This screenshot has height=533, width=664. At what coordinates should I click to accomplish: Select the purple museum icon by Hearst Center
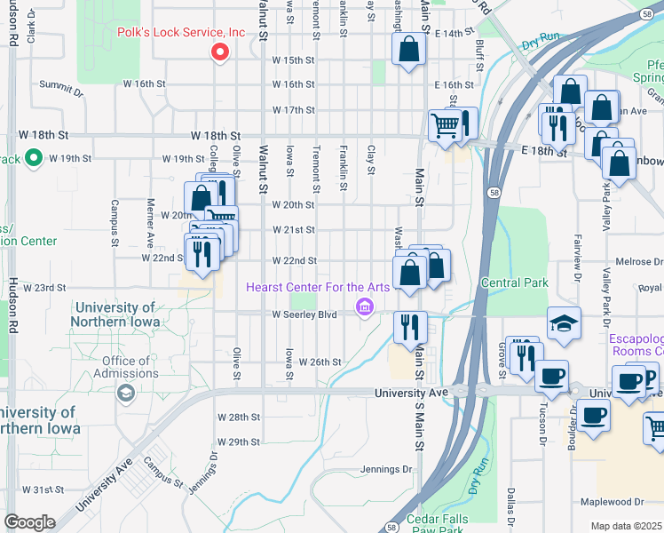click(363, 307)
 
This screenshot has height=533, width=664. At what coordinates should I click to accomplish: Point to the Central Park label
click(515, 282)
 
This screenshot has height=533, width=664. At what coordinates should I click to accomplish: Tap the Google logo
click(29, 522)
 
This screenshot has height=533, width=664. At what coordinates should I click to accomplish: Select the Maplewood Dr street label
click(612, 502)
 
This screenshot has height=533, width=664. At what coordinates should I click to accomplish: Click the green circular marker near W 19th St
click(35, 159)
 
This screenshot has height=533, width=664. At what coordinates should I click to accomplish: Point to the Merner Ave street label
click(150, 222)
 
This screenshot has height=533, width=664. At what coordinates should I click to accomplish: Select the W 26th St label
click(320, 362)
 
